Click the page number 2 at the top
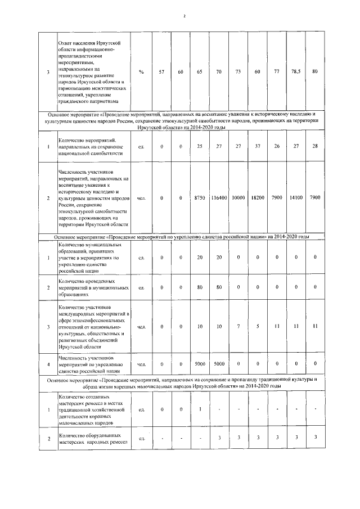coord(184,15)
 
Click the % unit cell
coord(141,72)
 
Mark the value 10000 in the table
coord(238,198)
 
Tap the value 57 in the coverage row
coord(161,72)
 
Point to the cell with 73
coord(238,72)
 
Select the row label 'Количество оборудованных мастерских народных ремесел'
coord(93,438)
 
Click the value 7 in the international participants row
coord(238,326)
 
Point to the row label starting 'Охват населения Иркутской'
coord(93,72)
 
